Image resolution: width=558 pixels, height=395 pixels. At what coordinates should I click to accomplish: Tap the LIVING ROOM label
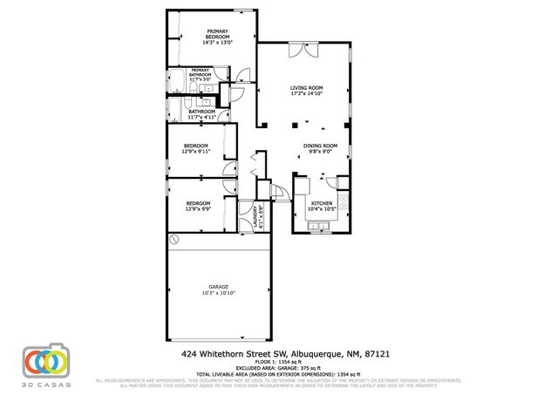[307, 88]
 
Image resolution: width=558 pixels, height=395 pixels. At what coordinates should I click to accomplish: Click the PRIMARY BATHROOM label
[200, 72]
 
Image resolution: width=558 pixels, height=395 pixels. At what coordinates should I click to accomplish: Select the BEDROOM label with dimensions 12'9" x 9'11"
[195, 146]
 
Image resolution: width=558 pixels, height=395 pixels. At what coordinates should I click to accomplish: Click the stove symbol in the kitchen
[345, 205]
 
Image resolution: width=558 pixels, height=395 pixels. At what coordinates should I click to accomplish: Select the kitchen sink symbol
[319, 229]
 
